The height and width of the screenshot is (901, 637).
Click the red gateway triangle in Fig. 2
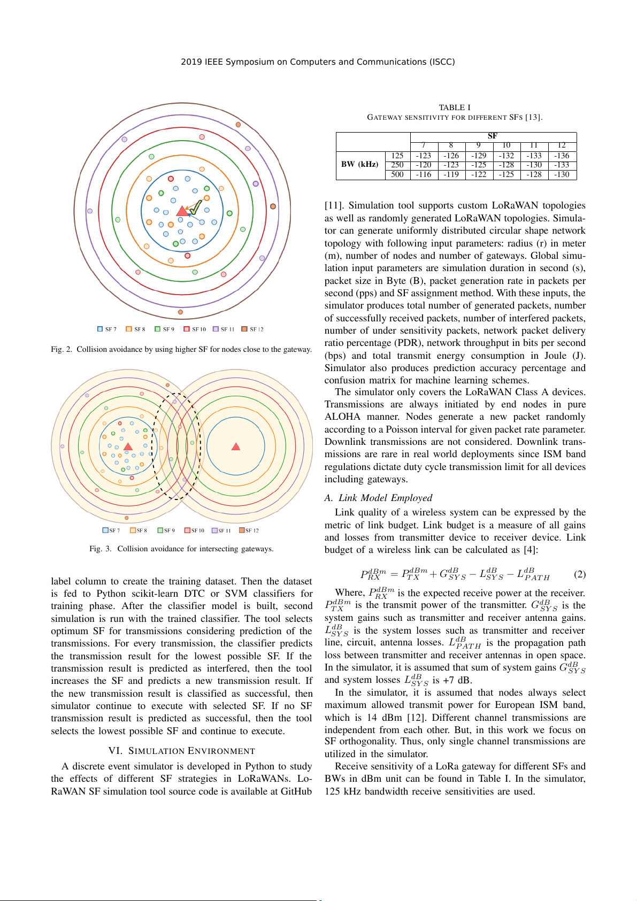(x=182, y=211)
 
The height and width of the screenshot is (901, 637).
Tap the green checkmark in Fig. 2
(x=196, y=206)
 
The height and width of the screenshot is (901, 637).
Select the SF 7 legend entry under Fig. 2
(x=107, y=329)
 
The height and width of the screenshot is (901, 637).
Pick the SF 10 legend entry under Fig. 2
(x=195, y=329)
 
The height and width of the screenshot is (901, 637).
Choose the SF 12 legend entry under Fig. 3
(x=249, y=530)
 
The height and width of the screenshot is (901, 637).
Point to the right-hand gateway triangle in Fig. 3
(x=236, y=446)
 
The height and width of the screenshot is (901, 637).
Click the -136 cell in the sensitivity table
(x=562, y=156)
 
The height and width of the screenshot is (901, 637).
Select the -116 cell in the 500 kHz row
(x=424, y=174)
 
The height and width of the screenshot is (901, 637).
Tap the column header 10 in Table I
(x=506, y=145)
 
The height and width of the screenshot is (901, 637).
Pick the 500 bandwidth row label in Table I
(x=397, y=174)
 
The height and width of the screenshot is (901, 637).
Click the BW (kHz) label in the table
(x=359, y=164)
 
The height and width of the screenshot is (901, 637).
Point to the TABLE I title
(x=455, y=107)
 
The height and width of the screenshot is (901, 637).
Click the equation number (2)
(x=580, y=574)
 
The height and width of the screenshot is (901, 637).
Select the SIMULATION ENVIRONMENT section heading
(x=181, y=751)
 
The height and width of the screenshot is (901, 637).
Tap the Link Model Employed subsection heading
(x=379, y=498)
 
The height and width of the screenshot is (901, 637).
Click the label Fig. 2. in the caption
(x=62, y=349)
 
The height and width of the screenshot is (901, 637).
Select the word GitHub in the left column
(x=296, y=791)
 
